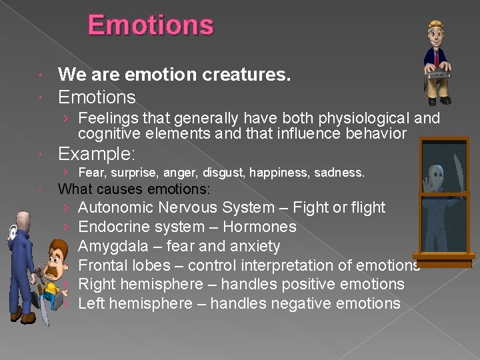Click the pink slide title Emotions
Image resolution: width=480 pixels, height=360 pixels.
(x=151, y=26)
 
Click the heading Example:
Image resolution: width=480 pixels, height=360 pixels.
(x=97, y=155)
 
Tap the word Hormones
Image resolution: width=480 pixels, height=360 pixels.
(x=259, y=227)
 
